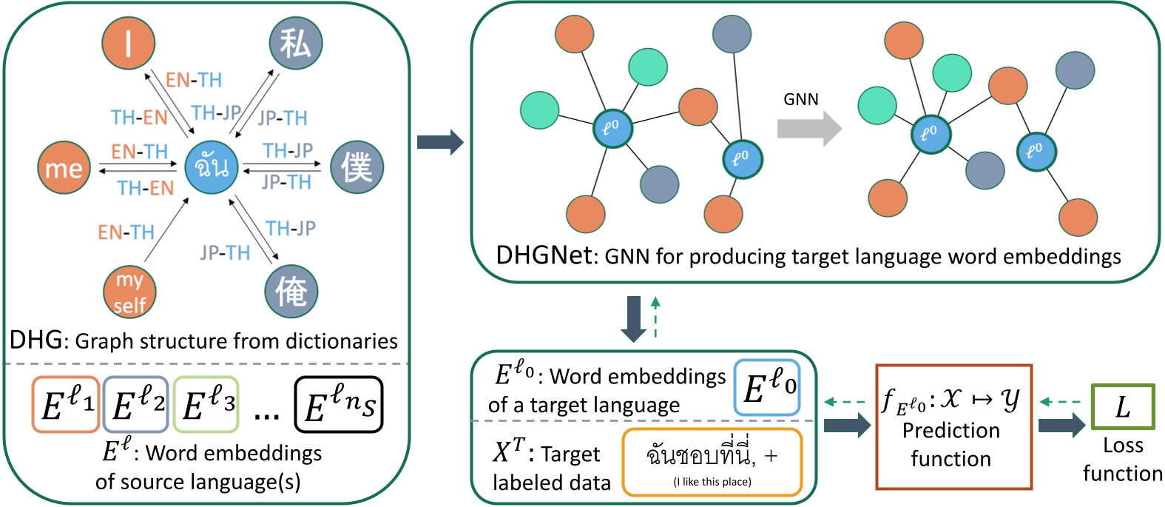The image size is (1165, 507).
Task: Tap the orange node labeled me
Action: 64,168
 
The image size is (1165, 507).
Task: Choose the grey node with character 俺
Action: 291,292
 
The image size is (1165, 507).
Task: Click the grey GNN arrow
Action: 809,129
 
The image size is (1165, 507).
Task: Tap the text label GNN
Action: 801,99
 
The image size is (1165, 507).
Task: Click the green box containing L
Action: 1122,406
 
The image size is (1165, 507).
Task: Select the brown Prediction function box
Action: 953,427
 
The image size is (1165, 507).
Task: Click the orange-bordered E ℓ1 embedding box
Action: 66,405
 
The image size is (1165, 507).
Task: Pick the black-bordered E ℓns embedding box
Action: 339,405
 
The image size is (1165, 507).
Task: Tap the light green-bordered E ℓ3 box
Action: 206,405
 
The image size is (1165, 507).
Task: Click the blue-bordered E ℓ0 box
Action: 767,387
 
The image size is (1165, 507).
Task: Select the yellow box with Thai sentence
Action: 712,462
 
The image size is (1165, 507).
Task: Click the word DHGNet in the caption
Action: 544,255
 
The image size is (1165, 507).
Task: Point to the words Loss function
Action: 1122,460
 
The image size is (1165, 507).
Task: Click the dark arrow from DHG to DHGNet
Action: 439,141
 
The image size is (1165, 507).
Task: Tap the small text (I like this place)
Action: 712,482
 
